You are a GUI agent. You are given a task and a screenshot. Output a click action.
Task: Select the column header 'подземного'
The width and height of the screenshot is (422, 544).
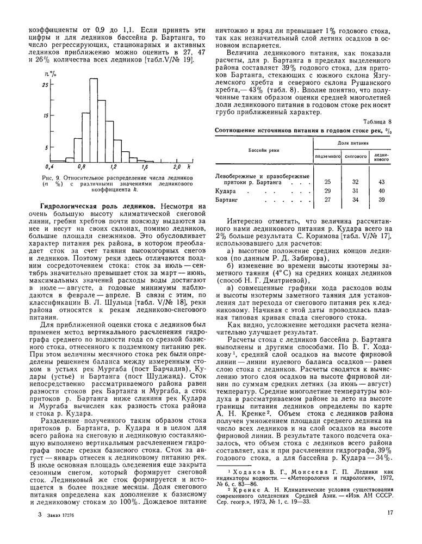coord(327,156)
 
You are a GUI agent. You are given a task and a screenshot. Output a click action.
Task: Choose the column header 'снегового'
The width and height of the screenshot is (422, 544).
coord(355,156)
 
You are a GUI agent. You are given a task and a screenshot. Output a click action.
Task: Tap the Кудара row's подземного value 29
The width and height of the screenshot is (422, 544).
coord(327,191)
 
